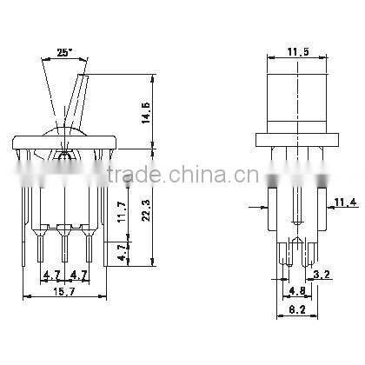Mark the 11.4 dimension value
tap(346, 203)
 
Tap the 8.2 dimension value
tap(297, 309)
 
